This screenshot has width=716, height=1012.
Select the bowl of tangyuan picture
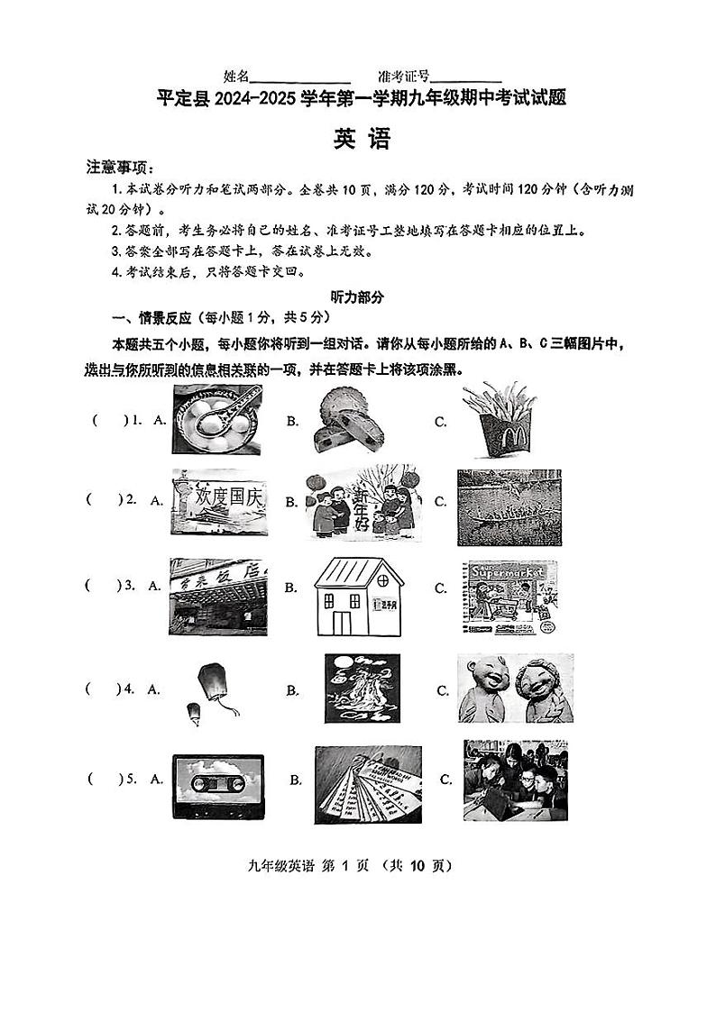[217, 420]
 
